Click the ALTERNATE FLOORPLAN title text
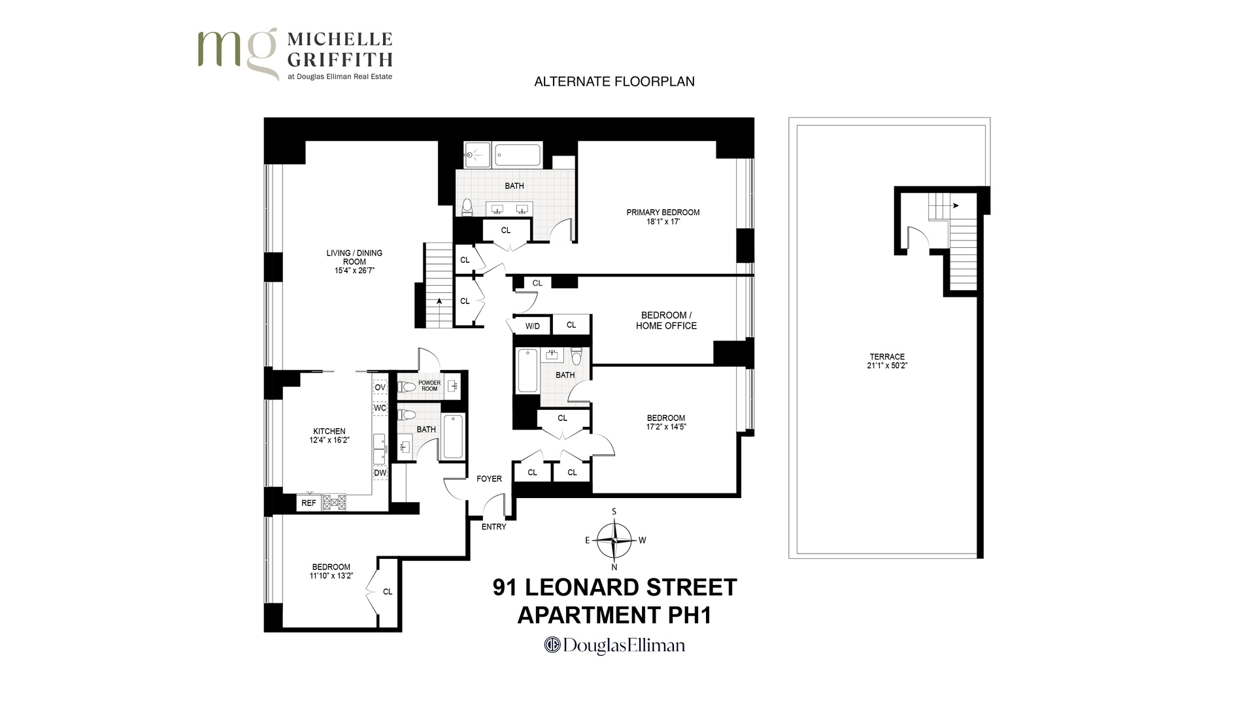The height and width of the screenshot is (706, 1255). point(614,82)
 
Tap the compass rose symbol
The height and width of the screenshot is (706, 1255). point(614,541)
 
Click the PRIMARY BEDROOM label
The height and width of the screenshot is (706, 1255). point(663,212)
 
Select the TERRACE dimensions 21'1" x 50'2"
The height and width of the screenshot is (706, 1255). point(887,366)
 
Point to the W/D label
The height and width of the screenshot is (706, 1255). point(533,326)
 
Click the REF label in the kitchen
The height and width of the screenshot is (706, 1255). point(309,503)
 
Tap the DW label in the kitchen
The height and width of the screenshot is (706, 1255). point(380,473)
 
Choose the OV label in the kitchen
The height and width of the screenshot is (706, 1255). point(380,387)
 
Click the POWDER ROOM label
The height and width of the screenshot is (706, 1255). point(429,386)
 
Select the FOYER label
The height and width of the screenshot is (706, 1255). point(489,479)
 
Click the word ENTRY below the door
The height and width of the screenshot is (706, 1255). point(494,527)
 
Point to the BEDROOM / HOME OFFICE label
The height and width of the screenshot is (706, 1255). point(666,320)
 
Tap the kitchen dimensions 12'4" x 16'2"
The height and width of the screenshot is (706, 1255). point(329,441)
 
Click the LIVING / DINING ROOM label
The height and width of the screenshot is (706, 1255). point(354,261)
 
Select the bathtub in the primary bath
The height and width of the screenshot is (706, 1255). point(518,156)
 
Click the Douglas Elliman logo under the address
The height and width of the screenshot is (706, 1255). point(614,646)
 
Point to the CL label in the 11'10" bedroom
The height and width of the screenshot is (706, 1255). point(388,592)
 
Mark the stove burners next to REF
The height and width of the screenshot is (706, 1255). point(334,502)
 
